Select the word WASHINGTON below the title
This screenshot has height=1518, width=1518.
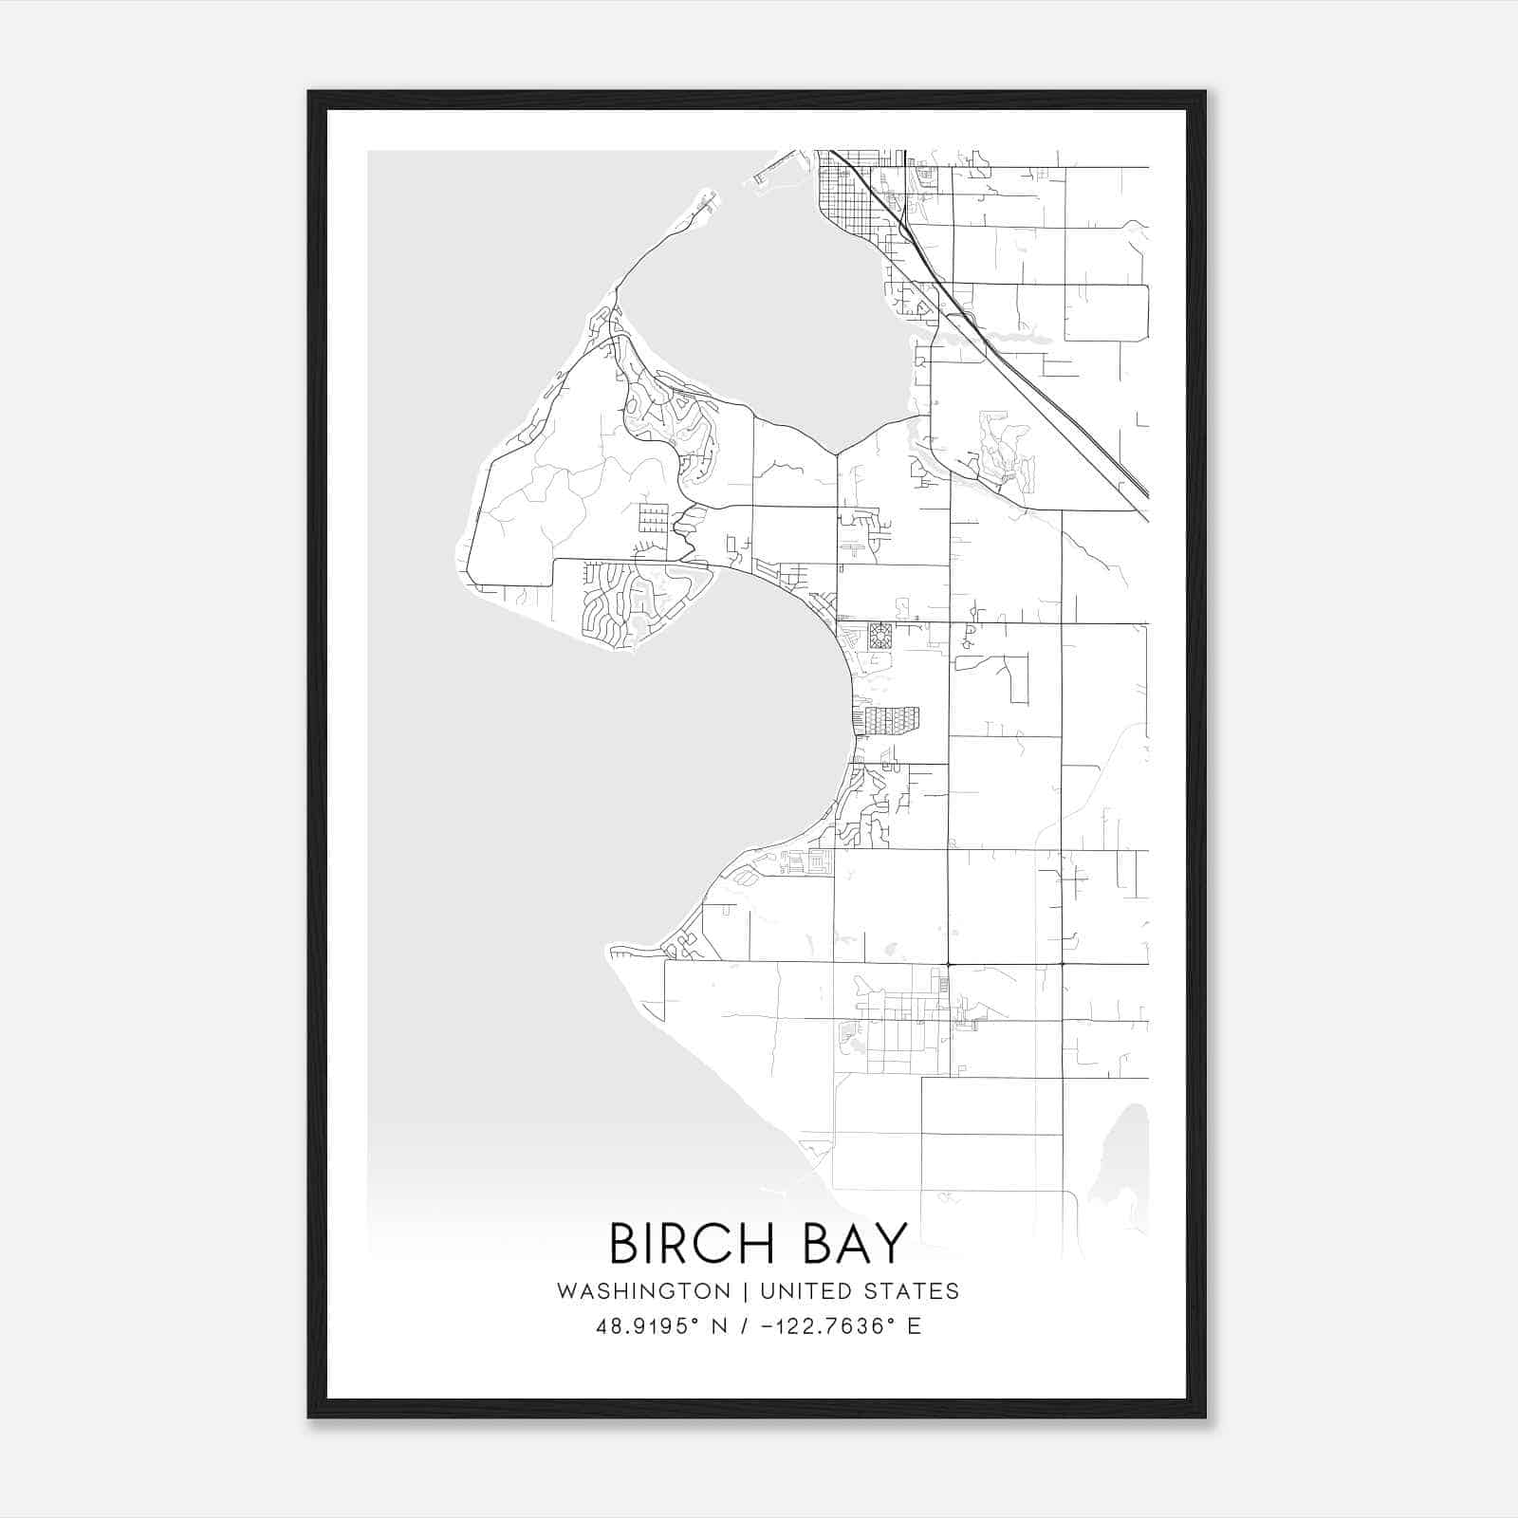click(x=643, y=1291)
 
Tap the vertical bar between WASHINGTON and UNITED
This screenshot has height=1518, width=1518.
click(x=746, y=1291)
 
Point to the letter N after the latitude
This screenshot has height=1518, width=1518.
click(x=721, y=1326)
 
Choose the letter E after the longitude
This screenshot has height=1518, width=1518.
click(x=915, y=1326)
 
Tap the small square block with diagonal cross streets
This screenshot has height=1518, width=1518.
click(x=880, y=636)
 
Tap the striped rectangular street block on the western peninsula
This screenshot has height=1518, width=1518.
click(x=653, y=519)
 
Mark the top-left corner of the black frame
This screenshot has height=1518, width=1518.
click(x=309, y=92)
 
